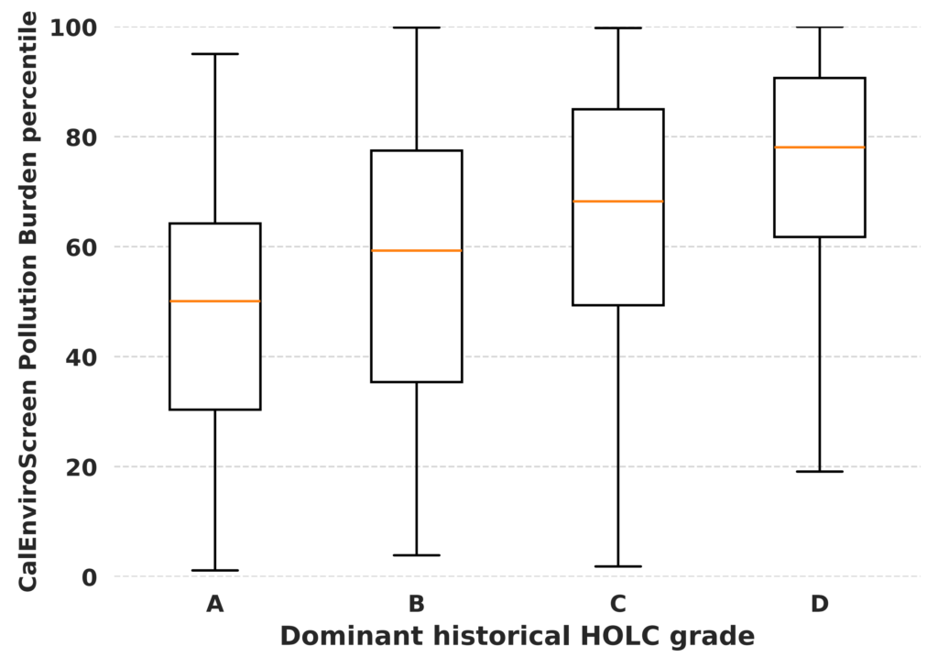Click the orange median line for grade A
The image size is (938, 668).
[x=214, y=301]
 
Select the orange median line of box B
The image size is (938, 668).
[x=417, y=250]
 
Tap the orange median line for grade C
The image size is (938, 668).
[x=618, y=201]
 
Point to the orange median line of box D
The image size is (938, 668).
[x=820, y=148]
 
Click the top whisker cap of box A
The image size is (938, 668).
[x=214, y=54]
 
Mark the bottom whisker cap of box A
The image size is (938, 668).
[x=214, y=571]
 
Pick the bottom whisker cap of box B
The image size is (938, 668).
[x=417, y=555]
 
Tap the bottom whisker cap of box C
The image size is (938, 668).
[x=618, y=566]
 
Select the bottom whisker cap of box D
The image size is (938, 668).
[x=820, y=472]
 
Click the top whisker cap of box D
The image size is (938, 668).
[x=820, y=27]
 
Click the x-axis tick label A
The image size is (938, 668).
[x=214, y=604]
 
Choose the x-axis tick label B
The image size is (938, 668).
[x=417, y=604]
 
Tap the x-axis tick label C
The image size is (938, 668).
[x=618, y=604]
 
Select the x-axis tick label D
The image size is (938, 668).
[x=820, y=604]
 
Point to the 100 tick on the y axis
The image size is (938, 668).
[x=73, y=27]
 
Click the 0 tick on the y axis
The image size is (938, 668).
[x=89, y=577]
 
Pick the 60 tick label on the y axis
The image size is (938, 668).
[x=81, y=246]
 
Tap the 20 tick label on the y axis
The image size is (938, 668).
[x=81, y=467]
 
